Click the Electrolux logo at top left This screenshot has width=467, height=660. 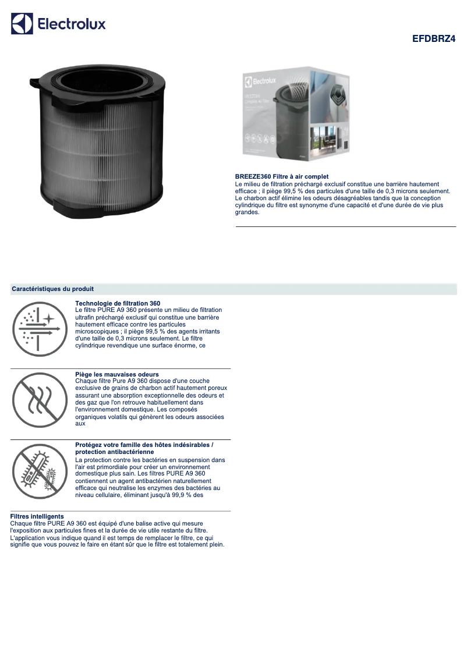(58, 24)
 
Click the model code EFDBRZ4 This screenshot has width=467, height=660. (434, 39)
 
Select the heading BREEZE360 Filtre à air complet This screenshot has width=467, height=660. (282, 176)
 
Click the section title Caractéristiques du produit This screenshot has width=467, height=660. (52, 289)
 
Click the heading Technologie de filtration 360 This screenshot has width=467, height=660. (118, 303)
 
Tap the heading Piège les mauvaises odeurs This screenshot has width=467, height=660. (117, 374)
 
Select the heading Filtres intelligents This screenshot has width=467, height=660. (37, 516)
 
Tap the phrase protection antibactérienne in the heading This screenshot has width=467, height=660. (115, 452)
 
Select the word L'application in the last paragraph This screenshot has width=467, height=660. (27, 538)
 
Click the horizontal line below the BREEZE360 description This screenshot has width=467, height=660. (345, 226)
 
